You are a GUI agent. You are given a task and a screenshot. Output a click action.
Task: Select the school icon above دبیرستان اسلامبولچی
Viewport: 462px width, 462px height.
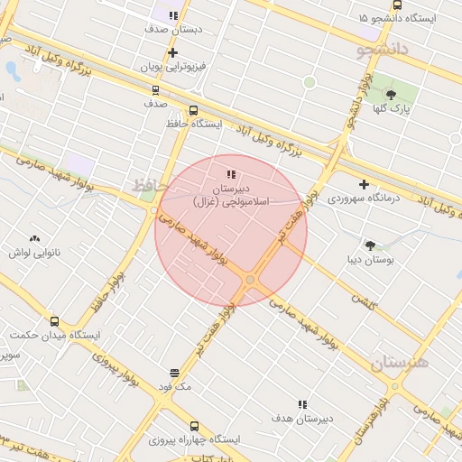(231, 174)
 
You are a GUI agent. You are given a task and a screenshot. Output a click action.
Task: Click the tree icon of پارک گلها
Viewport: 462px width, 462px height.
(391, 95)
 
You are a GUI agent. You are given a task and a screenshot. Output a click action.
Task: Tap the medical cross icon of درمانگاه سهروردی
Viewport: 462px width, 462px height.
(364, 184)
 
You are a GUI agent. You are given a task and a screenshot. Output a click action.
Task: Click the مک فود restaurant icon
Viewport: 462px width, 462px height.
(174, 373)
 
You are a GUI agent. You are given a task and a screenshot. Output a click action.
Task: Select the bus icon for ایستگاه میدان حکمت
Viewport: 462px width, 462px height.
(54, 321)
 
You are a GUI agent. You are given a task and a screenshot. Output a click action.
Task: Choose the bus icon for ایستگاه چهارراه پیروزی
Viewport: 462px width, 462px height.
(194, 426)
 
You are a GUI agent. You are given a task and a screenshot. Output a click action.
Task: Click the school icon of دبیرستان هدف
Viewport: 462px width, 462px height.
(301, 404)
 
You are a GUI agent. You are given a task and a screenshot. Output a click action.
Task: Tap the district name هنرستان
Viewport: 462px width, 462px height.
(400, 363)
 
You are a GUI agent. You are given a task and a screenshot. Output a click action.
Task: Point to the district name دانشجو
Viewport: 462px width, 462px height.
(385, 49)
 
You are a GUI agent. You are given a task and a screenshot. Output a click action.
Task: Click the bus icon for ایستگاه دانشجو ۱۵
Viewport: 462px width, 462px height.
(397, 5)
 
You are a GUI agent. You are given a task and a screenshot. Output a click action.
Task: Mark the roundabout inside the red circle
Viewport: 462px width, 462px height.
(250, 281)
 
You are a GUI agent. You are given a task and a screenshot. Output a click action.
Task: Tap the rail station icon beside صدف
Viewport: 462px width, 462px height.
(155, 90)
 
